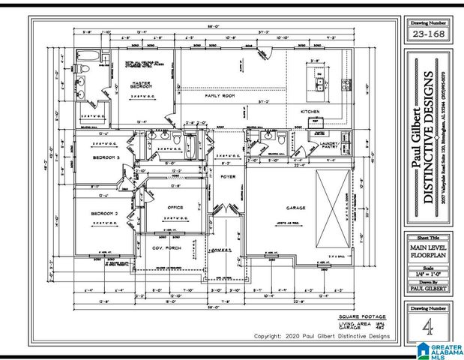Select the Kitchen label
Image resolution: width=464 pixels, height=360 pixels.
tap(310, 111)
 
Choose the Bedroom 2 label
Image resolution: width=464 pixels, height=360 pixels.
tap(106, 214)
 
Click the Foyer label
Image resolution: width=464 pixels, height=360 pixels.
tap(228, 176)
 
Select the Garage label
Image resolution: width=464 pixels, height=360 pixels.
tap(285, 208)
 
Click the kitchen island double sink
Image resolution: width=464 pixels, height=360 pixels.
tap(321, 82)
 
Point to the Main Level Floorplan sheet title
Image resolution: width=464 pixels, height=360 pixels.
tap(427, 249)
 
